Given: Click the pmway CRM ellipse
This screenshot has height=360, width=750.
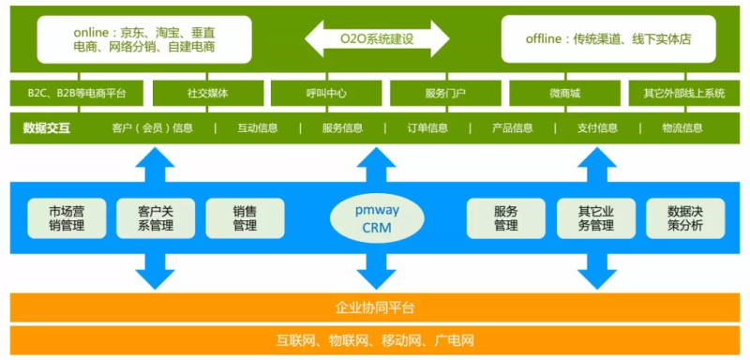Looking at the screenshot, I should pyautogui.click(x=374, y=219).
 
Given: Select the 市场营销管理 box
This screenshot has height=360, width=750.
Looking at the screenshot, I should pyautogui.click(x=67, y=218).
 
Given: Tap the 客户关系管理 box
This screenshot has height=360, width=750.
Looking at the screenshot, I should pyautogui.click(x=149, y=218).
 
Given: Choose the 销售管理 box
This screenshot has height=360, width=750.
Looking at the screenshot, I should pyautogui.click(x=244, y=218).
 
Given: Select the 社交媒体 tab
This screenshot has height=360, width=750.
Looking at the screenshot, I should pyautogui.click(x=207, y=93).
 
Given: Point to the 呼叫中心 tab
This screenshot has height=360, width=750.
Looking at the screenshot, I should pyautogui.click(x=326, y=93).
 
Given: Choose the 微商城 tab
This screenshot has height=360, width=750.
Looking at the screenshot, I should pyautogui.click(x=564, y=93).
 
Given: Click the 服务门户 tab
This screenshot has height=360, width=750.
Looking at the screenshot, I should pyautogui.click(x=445, y=93).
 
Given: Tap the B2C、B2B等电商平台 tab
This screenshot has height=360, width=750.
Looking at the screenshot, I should pyautogui.click(x=78, y=93).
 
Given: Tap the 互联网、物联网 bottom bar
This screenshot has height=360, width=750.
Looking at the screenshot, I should pyautogui.click(x=375, y=339).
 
